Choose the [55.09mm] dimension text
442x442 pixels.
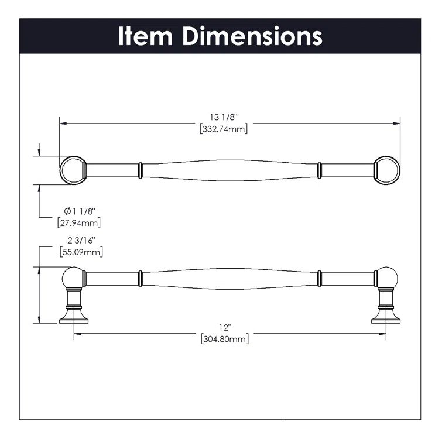point(80,252)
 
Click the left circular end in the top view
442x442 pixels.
point(73,170)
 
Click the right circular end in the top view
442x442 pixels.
point(386,170)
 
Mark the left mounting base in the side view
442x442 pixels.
point(74,317)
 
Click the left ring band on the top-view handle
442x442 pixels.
point(140,170)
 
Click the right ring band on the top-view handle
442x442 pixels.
point(319,170)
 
